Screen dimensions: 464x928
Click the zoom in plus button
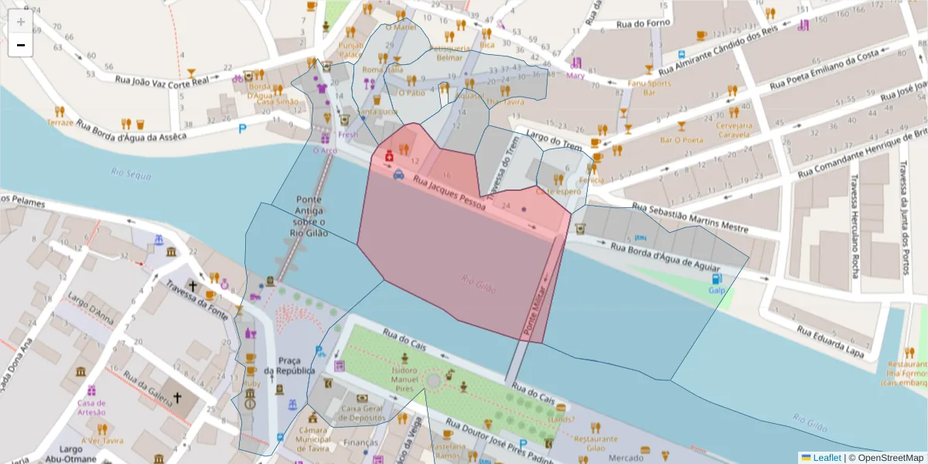coord(20,22)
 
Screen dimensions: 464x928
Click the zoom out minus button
coord(20,45)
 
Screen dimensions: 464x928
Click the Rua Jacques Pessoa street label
coord(449,193)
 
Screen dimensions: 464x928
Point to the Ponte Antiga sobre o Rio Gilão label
coord(309,216)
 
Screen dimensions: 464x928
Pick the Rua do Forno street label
coord(643,24)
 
